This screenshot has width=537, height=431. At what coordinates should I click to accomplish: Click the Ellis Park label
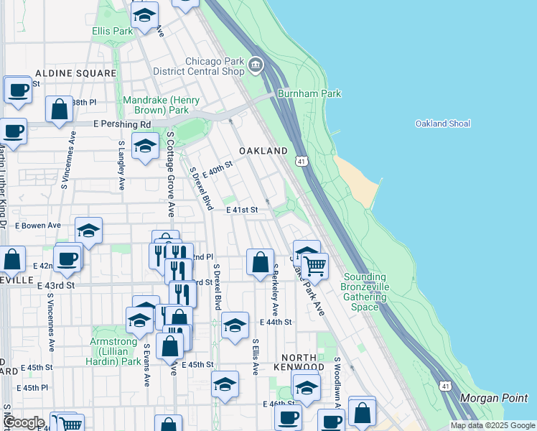pyautogui.click(x=113, y=32)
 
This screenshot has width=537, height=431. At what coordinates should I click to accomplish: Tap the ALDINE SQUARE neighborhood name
pyautogui.click(x=75, y=73)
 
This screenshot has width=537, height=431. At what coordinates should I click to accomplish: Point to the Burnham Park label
pyautogui.click(x=309, y=93)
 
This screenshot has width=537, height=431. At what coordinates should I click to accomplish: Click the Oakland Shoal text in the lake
pyautogui.click(x=443, y=124)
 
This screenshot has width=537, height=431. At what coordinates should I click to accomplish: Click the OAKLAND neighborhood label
pyautogui.click(x=263, y=151)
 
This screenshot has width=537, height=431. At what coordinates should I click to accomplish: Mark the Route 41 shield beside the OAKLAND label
pyautogui.click(x=302, y=162)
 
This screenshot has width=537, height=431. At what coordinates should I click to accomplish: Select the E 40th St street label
pyautogui.click(x=218, y=170)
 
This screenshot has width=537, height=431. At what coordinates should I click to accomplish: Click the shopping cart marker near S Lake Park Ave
pyautogui.click(x=314, y=266)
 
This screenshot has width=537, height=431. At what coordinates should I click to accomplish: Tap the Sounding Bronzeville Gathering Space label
pyautogui.click(x=365, y=292)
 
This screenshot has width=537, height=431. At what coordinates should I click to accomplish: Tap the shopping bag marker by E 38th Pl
pyautogui.click(x=60, y=110)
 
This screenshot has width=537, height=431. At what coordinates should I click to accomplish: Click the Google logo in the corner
pyautogui.click(x=24, y=422)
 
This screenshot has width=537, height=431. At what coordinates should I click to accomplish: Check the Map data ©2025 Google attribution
pyautogui.click(x=492, y=425)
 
